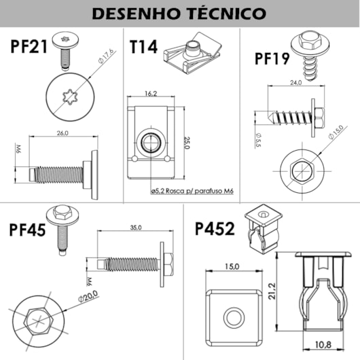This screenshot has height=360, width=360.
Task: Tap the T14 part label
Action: pos(143,47)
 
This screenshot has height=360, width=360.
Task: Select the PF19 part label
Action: pos(272,58)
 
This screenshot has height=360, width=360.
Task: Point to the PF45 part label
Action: pos(28,229)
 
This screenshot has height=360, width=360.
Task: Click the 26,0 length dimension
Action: pos(62,133)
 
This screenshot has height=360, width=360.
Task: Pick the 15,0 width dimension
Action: pos(232,267)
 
